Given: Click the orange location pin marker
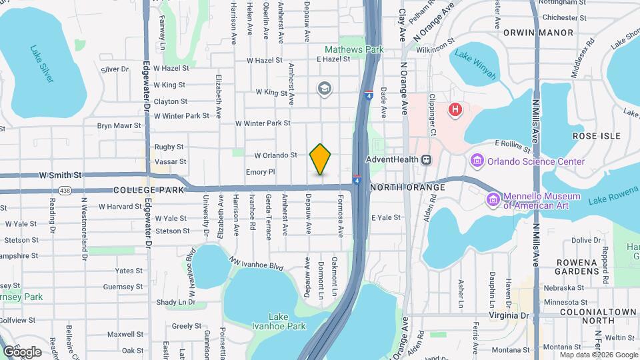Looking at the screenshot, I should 321,159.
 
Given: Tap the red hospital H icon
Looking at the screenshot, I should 456,109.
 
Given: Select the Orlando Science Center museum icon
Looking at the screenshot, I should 477,161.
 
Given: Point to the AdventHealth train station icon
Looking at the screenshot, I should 426,160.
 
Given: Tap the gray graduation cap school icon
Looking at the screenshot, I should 325,89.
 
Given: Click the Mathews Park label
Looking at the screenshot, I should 354,49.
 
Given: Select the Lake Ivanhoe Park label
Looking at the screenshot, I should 287,321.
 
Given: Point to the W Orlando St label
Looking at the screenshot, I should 275,155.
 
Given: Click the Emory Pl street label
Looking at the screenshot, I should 260,172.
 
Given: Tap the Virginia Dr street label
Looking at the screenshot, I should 509,315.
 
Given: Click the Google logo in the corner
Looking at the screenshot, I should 22,351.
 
